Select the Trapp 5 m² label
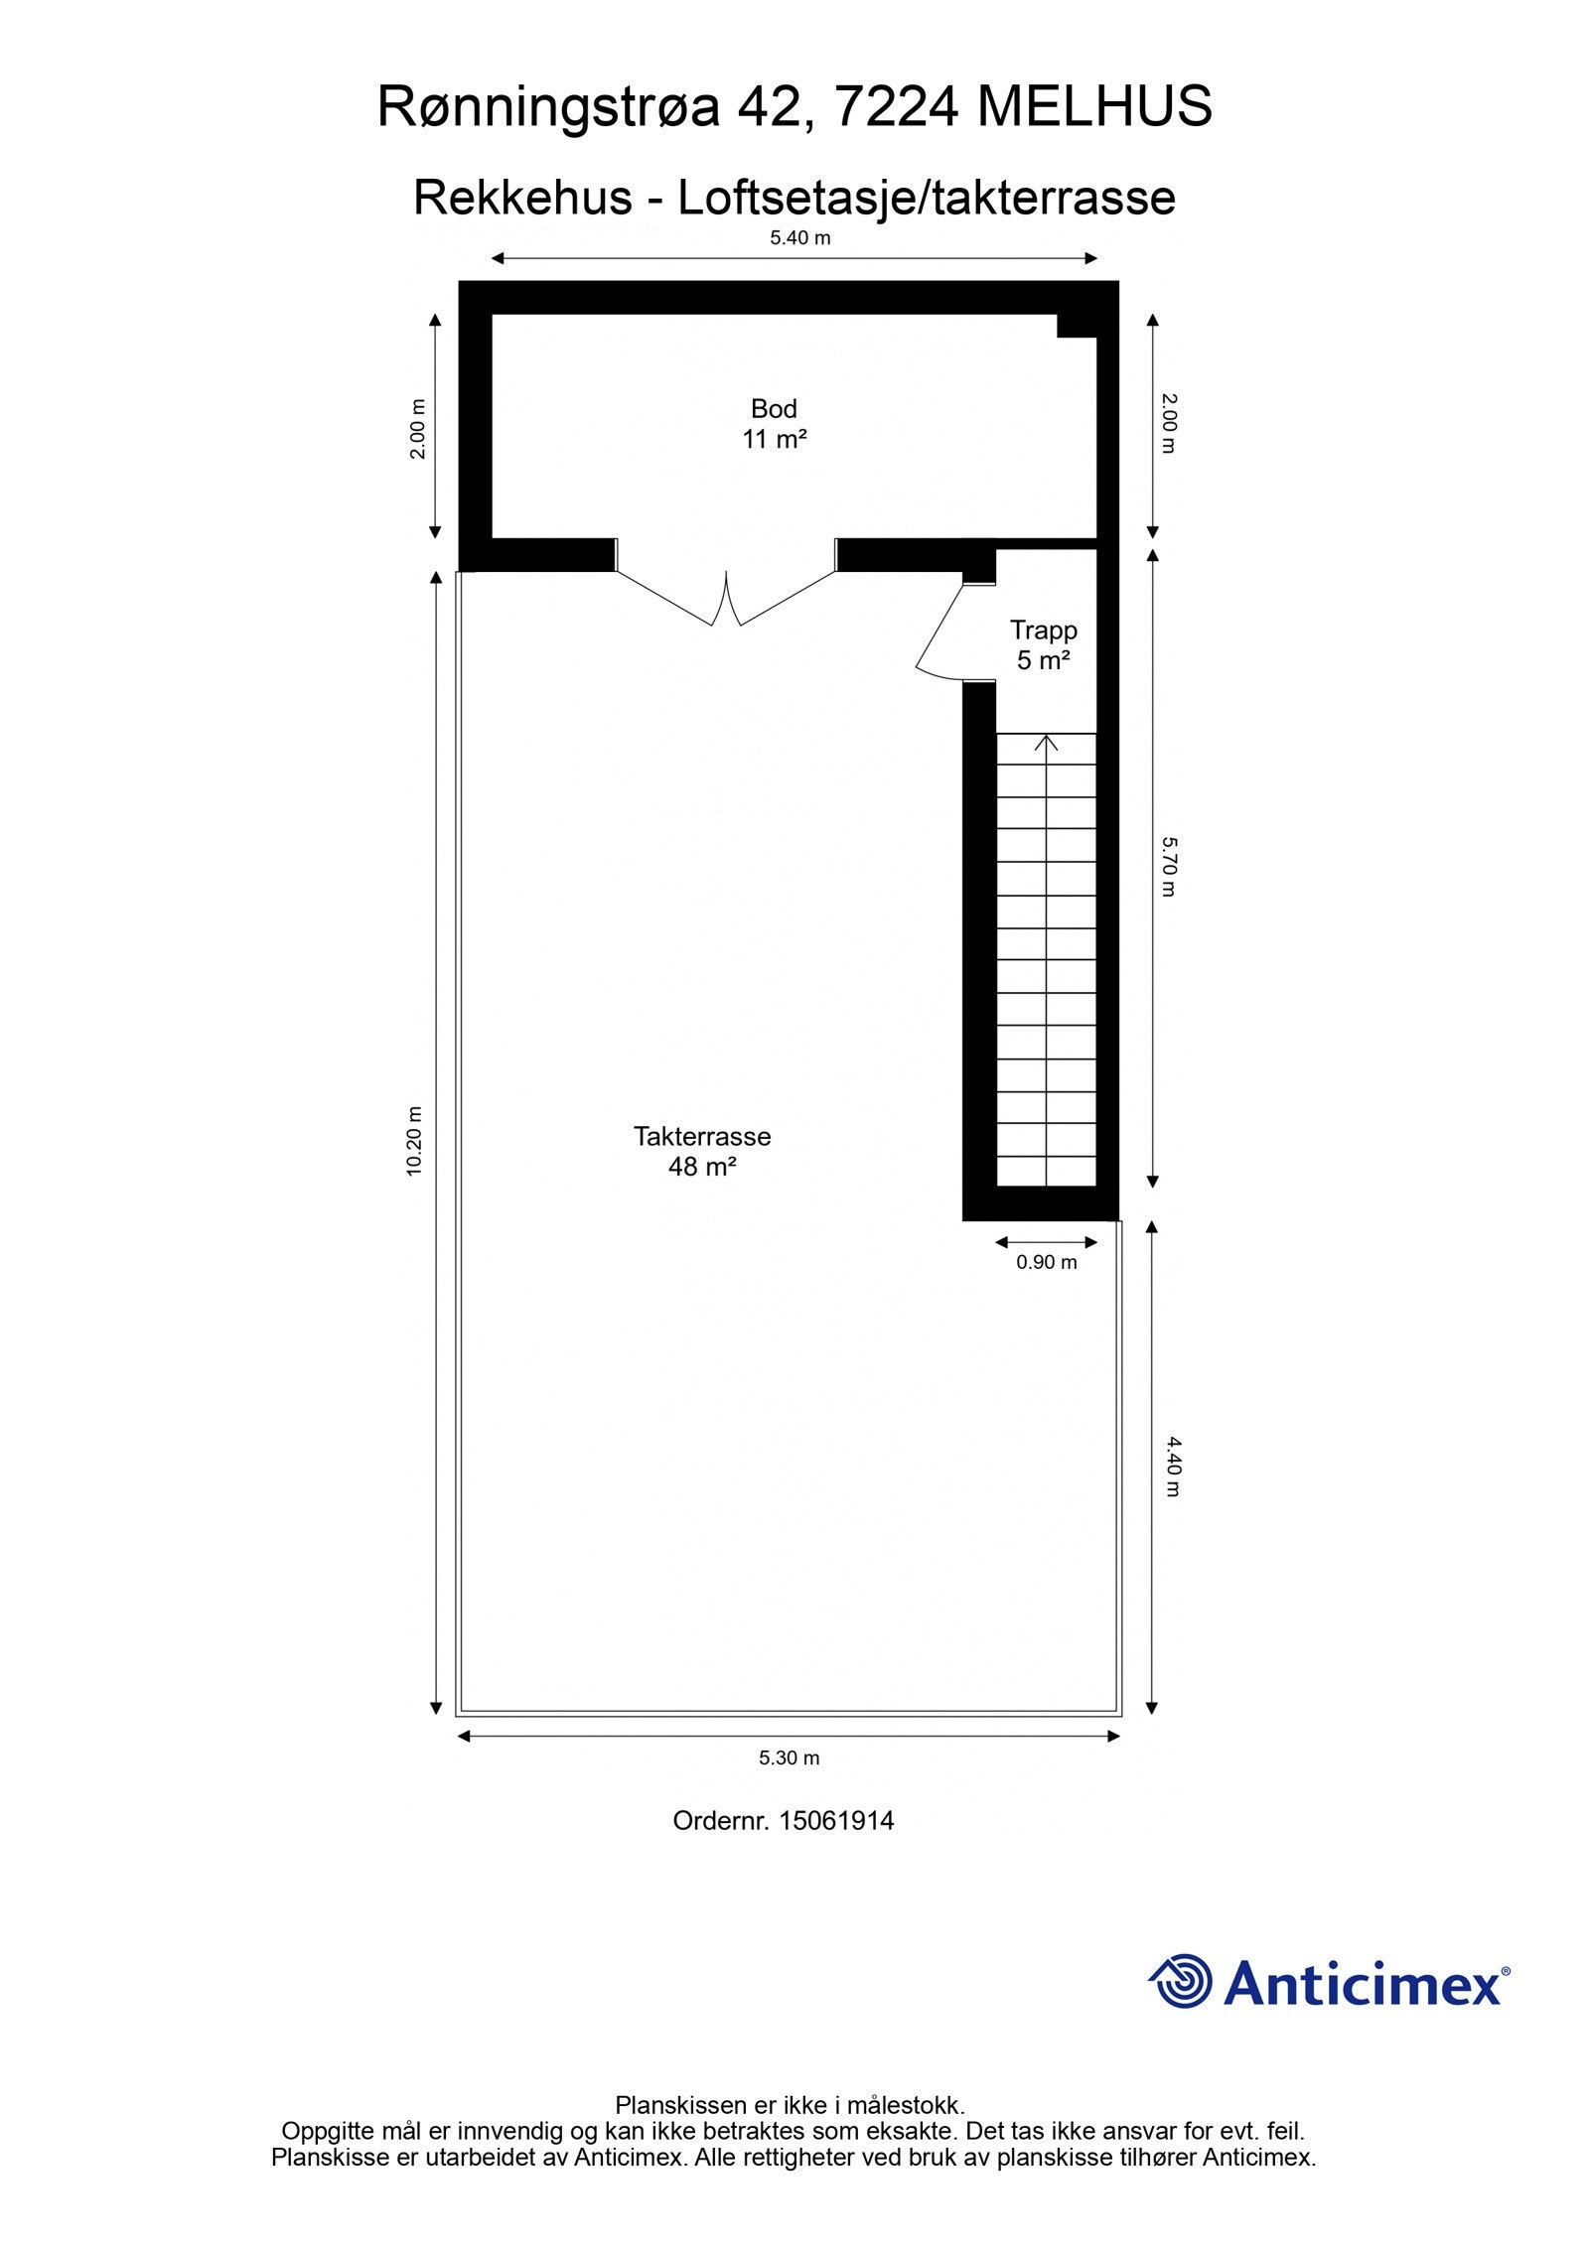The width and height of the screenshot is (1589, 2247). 1043,644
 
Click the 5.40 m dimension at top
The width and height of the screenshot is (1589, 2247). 799,238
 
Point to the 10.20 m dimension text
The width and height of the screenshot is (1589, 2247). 414,1141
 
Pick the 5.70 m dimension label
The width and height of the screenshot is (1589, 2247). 1169,867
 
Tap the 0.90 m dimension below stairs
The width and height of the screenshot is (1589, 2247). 1046,1262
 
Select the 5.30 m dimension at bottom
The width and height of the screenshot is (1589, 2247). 789,1757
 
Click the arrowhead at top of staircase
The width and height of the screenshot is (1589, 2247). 1046,741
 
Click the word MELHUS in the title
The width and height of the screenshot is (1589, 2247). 1094,107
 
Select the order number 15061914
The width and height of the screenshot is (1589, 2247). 836,1820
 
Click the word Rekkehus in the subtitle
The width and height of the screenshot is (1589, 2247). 521,198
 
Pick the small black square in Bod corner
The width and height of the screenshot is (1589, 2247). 1076,326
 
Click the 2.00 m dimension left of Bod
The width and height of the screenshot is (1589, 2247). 418,428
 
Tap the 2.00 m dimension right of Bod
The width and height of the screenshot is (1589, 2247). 1169,424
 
